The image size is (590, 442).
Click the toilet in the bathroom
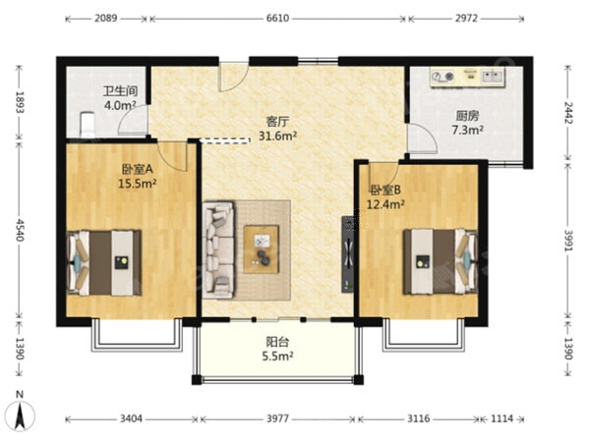[x=88, y=125]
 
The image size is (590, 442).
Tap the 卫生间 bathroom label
[x=120, y=91]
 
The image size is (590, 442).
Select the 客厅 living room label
[x=277, y=122]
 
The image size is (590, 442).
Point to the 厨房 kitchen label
[x=467, y=116]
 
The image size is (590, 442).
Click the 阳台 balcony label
[x=277, y=342]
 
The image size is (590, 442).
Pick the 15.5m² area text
[x=138, y=184]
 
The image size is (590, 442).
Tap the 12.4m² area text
[x=385, y=205]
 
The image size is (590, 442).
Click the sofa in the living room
[x=218, y=249]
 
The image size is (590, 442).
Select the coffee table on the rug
[x=262, y=249]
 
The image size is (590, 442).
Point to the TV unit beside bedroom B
[x=348, y=254]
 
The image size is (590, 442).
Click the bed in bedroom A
[x=104, y=262]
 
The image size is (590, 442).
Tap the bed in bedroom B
[x=441, y=261]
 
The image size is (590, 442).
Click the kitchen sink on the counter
[x=493, y=77]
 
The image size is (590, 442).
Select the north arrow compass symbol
[x=21, y=414]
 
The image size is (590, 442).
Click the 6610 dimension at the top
[x=277, y=18]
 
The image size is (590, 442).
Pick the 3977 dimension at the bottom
[x=277, y=418]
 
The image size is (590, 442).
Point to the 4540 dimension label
[x=20, y=230]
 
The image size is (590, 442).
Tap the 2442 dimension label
[x=568, y=113]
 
